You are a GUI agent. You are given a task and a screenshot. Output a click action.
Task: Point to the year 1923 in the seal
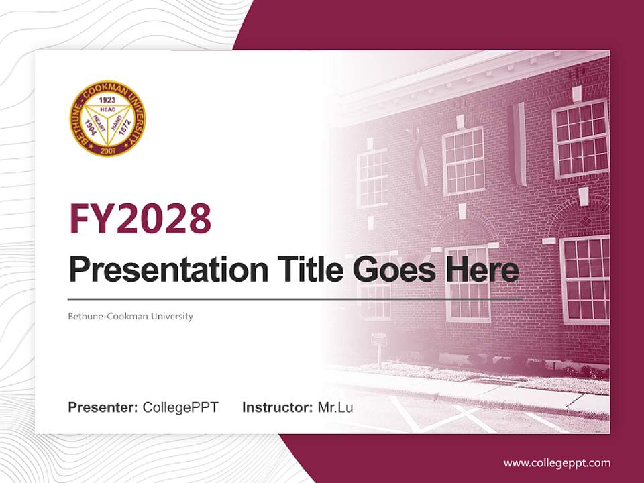(x=107, y=99)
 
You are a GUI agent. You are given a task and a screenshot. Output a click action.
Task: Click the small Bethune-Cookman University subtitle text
(x=130, y=316)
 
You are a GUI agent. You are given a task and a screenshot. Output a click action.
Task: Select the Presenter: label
(x=103, y=407)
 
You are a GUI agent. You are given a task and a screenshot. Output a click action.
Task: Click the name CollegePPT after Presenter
(x=180, y=407)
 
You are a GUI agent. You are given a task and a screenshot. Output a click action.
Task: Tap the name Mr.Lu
(x=335, y=407)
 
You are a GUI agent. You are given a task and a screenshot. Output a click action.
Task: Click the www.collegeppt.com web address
(x=557, y=462)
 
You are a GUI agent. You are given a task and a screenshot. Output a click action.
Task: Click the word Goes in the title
(x=389, y=270)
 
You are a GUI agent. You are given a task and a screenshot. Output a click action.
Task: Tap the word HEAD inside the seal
(x=107, y=108)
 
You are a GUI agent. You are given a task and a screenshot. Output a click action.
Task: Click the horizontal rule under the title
(x=295, y=299)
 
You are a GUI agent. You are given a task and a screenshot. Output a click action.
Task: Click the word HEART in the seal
(x=99, y=121)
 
